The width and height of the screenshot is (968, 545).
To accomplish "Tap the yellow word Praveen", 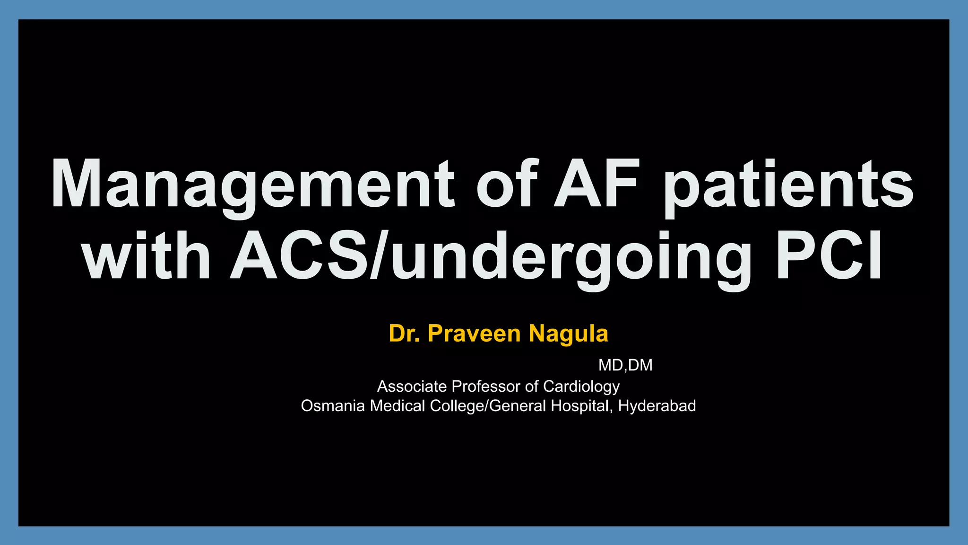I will (474, 334).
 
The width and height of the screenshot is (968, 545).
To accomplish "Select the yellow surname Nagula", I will (568, 334).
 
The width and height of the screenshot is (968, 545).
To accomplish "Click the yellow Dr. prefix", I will (404, 334).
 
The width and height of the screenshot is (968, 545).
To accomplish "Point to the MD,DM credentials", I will (625, 365).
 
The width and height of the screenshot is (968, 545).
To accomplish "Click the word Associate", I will (412, 387).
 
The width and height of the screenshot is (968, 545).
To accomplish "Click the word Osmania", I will (333, 406).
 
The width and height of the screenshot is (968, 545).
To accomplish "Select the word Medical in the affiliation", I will (398, 406).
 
